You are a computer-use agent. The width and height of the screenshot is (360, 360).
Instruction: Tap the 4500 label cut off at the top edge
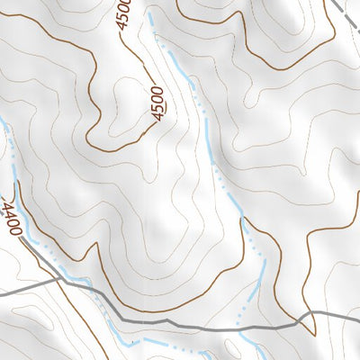124,13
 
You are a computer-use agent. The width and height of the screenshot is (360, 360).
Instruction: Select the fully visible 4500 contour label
159,102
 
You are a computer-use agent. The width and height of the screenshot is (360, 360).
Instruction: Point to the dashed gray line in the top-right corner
347,13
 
